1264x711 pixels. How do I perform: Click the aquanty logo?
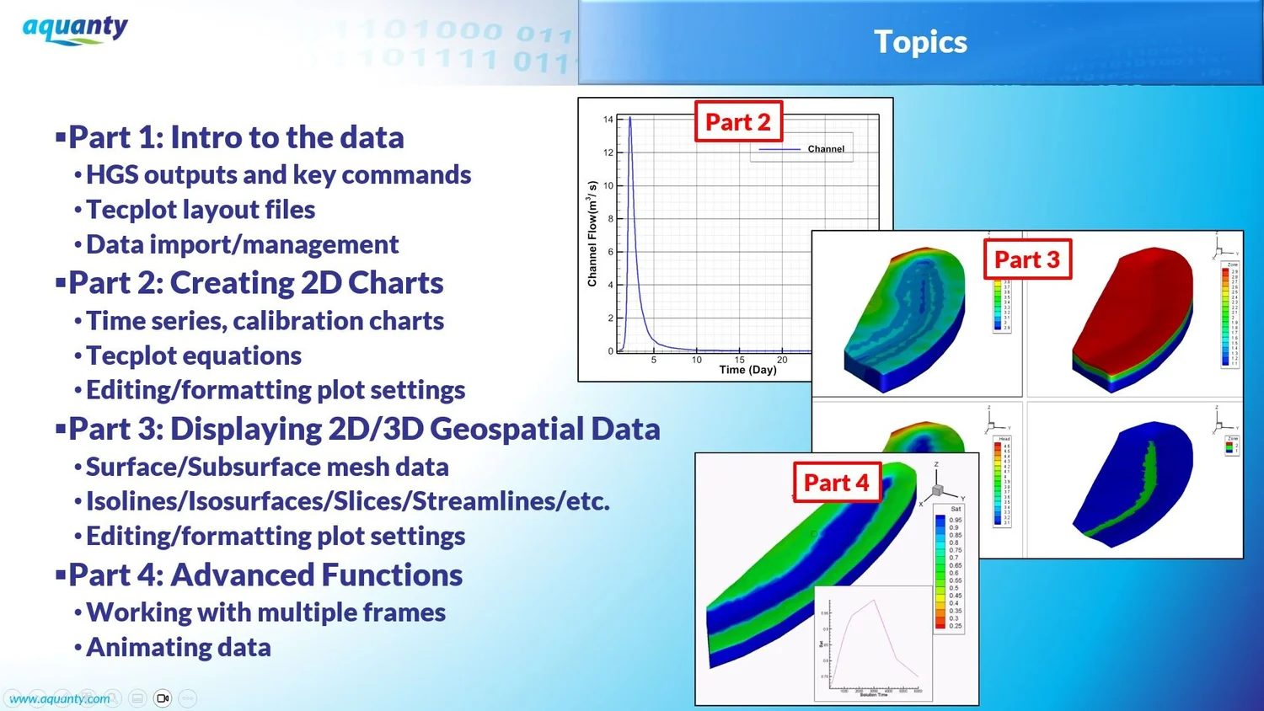75,29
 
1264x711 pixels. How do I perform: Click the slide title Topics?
920,42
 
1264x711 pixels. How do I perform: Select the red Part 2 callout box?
738,122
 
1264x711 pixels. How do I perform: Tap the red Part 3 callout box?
1026,259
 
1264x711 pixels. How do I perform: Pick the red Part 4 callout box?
836,483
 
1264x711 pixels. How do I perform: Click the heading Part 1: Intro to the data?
236,137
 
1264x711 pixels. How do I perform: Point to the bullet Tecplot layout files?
201,210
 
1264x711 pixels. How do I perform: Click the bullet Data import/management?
243,244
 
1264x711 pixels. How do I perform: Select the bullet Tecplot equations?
194,355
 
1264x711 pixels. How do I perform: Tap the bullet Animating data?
179,647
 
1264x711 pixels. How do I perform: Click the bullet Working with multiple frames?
266,612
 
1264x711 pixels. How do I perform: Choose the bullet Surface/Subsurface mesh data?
267,467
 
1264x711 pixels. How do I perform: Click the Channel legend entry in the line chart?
825,149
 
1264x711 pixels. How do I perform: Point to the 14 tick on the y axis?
608,120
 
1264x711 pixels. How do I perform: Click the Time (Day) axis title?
747,370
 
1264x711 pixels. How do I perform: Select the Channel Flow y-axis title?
592,233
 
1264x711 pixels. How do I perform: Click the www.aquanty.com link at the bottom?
59,698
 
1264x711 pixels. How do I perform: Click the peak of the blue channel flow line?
629,118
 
